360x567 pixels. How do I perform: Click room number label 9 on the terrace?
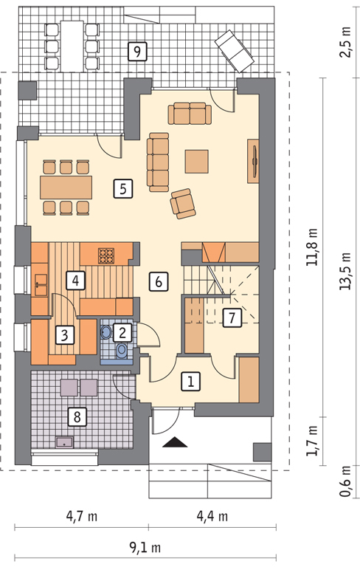pos(137,52)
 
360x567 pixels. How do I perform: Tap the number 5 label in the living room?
pos(123,188)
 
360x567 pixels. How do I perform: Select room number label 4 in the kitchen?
pos(75,281)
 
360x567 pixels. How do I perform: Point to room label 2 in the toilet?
pos(122,332)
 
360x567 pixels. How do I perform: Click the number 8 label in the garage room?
pos(77,416)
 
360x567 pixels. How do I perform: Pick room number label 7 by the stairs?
pos(232,318)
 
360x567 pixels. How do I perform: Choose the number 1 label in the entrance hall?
pos(190,381)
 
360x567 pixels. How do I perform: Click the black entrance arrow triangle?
pos(175,443)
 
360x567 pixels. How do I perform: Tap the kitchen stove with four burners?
pos(106,255)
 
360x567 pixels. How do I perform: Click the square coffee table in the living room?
pos(197,161)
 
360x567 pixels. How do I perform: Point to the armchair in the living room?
pos(183,204)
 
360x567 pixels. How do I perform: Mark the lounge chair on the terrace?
pos(234,51)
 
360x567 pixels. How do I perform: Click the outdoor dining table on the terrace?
pos(72,46)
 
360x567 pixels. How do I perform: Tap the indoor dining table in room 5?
pos(66,188)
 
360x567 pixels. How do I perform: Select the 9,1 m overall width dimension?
pos(145,548)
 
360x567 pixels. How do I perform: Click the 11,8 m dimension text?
pos(311,247)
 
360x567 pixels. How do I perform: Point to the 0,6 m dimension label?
pos(345,481)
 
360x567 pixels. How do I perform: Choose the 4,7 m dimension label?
pos(82,516)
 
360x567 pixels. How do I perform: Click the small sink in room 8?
pos(64,442)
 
